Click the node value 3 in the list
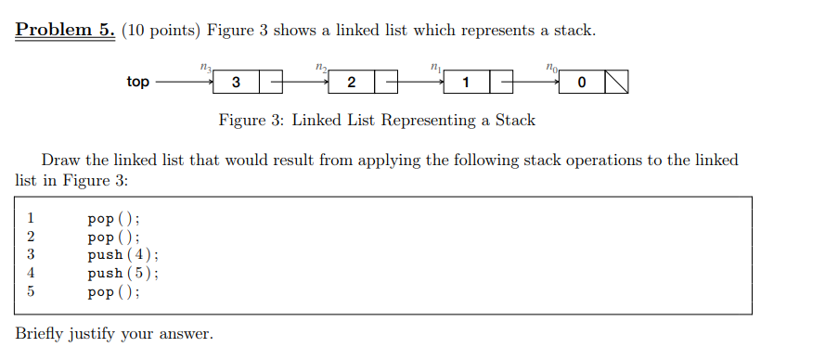click(x=236, y=83)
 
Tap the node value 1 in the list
click(x=466, y=83)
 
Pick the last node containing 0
click(x=581, y=83)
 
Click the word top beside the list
click(x=137, y=83)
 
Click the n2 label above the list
click(x=321, y=67)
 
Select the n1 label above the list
click(x=436, y=67)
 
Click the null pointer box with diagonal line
click(x=617, y=83)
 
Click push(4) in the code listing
click(x=122, y=255)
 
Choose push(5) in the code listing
click(x=122, y=273)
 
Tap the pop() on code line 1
click(x=113, y=220)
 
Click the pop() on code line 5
click(x=113, y=291)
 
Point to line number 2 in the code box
click(x=31, y=238)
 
